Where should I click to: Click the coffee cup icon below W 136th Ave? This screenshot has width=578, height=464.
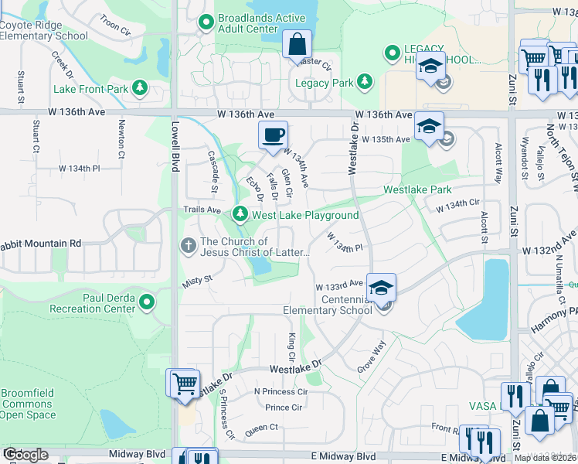click(x=273, y=136)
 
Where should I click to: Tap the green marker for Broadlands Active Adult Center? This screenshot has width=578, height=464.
click(x=206, y=22)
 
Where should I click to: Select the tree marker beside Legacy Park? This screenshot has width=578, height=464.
click(x=364, y=82)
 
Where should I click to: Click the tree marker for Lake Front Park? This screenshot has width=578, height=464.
click(x=140, y=88)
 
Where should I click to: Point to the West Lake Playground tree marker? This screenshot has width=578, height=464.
click(x=240, y=214)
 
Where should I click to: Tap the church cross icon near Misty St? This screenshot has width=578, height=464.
click(x=188, y=246)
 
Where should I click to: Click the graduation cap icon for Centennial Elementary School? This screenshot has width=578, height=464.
click(x=381, y=288)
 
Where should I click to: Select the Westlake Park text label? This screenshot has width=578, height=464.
click(x=417, y=189)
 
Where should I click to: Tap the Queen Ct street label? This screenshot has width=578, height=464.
click(x=261, y=427)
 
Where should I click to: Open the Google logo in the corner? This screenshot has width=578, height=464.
click(x=25, y=455)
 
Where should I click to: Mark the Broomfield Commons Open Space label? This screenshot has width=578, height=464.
click(x=29, y=404)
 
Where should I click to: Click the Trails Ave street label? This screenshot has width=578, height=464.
click(x=202, y=210)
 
